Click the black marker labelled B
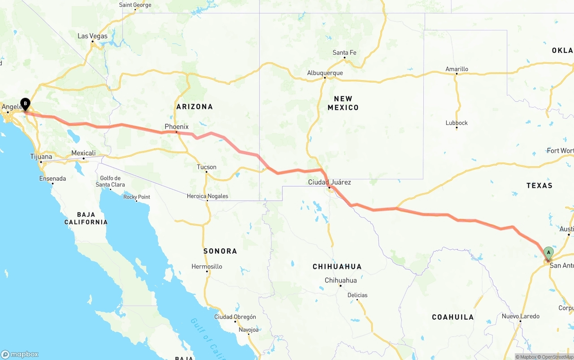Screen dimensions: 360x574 click(26, 104)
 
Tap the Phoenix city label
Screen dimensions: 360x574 click(177, 127)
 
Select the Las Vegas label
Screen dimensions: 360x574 click(92, 36)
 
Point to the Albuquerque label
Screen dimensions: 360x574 click(325, 73)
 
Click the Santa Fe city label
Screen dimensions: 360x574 click(344, 53)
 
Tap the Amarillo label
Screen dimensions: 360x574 click(457, 69)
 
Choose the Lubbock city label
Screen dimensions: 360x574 click(457, 123)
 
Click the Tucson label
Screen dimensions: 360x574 click(206, 167)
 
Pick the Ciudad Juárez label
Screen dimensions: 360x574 click(329, 182)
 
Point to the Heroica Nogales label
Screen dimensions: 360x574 click(207, 196)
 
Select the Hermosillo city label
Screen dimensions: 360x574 click(207, 267)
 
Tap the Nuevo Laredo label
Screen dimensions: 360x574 click(520, 317)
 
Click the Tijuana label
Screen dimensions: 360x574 click(41, 157)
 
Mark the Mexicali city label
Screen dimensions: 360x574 click(83, 153)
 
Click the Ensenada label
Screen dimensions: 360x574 click(52, 178)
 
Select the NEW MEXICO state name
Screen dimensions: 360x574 click(343, 103)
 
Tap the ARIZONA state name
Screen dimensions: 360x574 click(194, 107)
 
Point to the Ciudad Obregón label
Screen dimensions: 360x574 click(235, 317)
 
